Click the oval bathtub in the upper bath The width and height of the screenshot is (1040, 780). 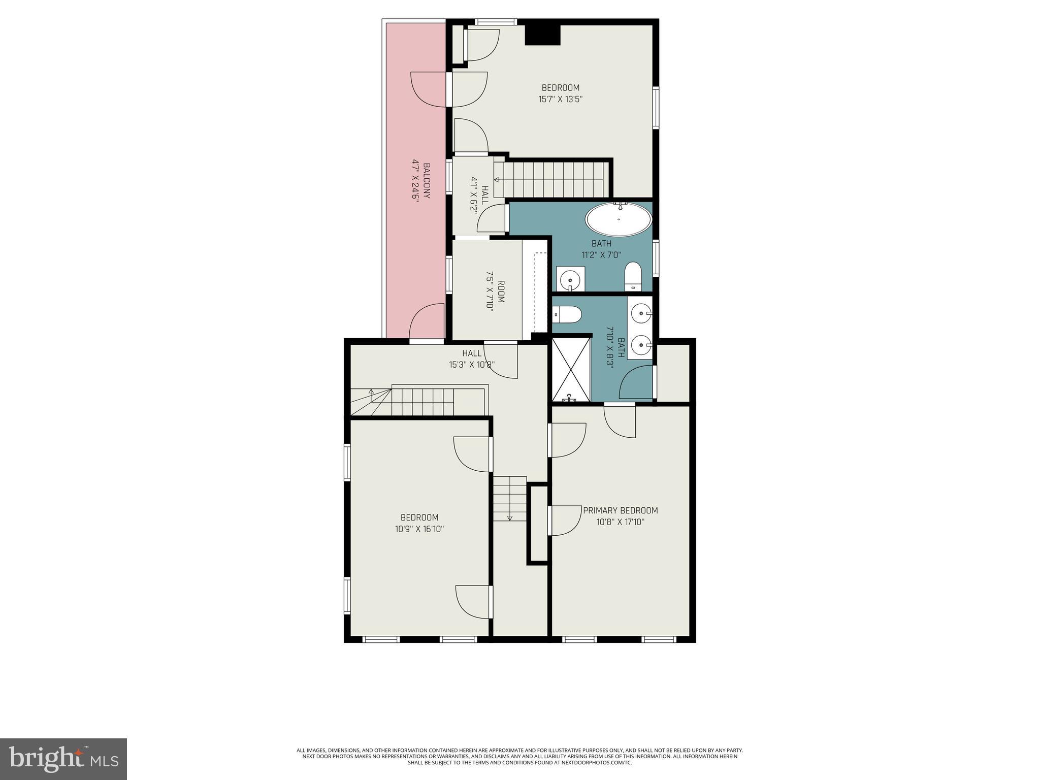pos(619,220)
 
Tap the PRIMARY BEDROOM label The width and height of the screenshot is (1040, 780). pos(620,510)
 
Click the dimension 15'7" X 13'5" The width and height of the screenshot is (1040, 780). pos(560,100)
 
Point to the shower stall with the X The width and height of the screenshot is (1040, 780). pos(571,370)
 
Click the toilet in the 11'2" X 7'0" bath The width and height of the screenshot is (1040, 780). pos(633,277)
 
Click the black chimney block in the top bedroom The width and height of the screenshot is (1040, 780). pos(542,35)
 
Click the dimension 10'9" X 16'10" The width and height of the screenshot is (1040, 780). pos(419,529)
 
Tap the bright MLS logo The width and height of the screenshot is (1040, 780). pos(63,759)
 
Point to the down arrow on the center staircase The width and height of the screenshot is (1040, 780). pos(510,517)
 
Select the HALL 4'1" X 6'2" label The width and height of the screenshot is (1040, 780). pos(479,194)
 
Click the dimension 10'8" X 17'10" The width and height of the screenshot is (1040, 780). pos(620,522)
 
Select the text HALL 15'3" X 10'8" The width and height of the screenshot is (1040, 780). pos(471,359)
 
